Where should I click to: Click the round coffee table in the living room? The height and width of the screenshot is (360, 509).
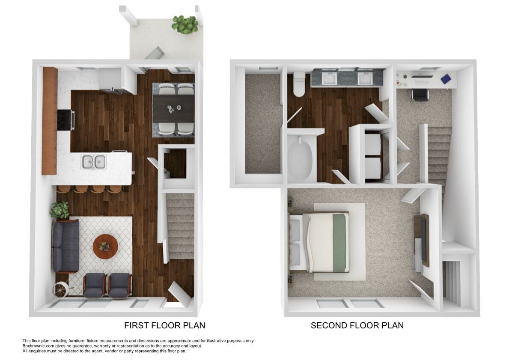pos(105,246)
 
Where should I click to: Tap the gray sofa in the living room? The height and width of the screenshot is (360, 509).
pos(65,246)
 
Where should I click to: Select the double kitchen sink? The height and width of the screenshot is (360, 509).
pos(94,161)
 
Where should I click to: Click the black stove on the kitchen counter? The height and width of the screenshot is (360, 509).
pos(65,119)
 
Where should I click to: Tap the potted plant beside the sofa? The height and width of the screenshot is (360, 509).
pos(60,210)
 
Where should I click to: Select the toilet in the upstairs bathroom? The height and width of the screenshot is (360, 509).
pos(298,85)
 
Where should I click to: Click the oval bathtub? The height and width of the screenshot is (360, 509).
pos(300,158)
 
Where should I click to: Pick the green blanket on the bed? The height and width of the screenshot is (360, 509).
pos(341,242)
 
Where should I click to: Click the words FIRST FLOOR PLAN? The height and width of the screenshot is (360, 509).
pos(164,325)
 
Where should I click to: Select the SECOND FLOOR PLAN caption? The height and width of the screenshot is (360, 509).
pos(357,325)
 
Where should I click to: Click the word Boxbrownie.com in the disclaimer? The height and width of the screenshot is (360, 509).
pos(37,346)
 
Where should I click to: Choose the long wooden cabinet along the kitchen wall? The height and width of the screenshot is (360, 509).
pos(50,120)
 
